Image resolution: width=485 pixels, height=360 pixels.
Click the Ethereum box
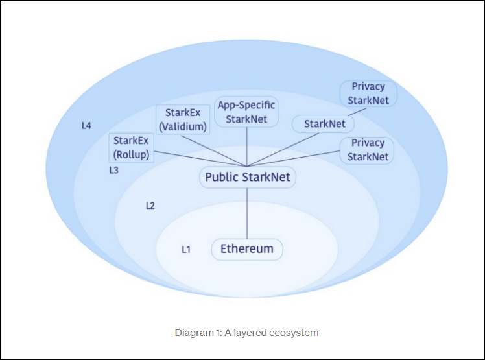tap(247, 249)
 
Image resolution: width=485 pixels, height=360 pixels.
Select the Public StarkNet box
tap(247, 177)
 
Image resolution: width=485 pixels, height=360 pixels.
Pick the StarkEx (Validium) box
tap(182, 119)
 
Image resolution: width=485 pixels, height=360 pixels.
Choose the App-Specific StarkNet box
tap(246, 112)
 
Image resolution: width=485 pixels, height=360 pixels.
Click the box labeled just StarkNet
tap(324, 123)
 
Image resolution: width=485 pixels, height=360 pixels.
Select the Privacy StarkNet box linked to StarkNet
tap(368, 93)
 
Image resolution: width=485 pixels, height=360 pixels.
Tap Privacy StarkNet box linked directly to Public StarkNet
tap(368, 150)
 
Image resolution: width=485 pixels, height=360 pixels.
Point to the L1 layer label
tap(185, 249)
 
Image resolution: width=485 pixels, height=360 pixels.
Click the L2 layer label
tap(150, 206)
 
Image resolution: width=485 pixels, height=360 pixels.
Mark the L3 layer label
tap(113, 170)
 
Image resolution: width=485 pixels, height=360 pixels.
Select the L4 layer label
tap(86, 125)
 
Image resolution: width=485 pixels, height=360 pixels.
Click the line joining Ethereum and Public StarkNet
tap(247, 214)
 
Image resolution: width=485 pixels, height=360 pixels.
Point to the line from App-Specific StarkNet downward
tap(247, 146)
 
